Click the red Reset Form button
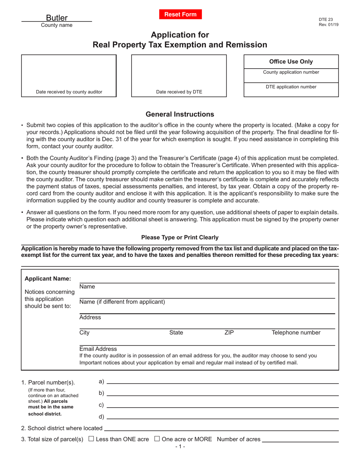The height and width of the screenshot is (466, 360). [180, 14]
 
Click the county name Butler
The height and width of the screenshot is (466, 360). [57, 18]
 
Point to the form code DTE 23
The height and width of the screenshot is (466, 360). [326, 19]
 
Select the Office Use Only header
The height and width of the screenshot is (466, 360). [291, 62]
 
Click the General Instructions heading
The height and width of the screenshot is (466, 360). [180, 114]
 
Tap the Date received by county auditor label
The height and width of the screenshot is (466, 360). [69, 92]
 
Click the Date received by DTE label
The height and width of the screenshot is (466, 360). [179, 92]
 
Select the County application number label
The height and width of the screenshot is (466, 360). [291, 72]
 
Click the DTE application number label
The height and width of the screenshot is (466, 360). [291, 87]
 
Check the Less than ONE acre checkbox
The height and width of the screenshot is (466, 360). [91, 439]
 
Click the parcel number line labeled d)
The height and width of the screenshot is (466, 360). [222, 418]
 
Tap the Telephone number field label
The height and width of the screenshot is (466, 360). [296, 333]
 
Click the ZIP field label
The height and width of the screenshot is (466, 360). [229, 333]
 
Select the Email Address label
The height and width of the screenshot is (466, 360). [98, 349]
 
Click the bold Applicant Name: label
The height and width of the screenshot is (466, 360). [48, 279]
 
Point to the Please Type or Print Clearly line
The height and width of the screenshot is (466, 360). [180, 238]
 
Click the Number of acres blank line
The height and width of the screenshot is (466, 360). [300, 441]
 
